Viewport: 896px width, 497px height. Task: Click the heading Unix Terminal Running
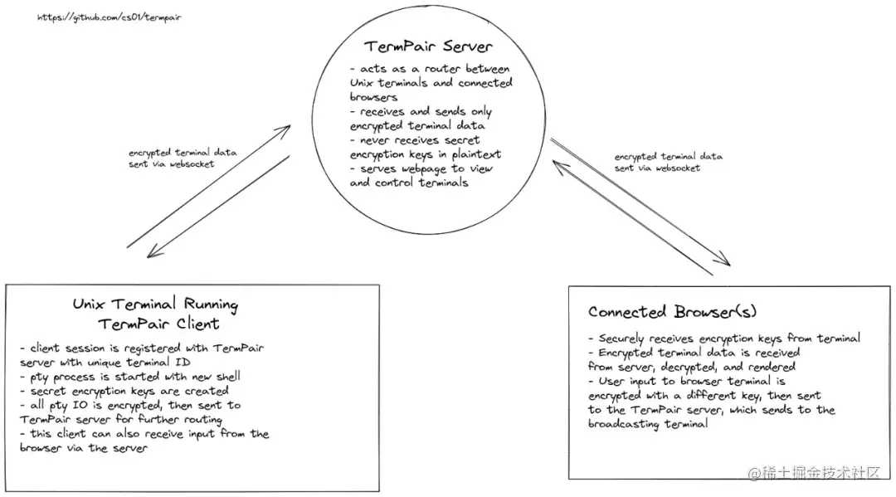pyautogui.click(x=155, y=305)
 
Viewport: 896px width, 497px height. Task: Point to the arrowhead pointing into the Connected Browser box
pyautogui.click(x=724, y=263)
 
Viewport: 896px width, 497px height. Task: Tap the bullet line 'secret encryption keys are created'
pyautogui.click(x=125, y=390)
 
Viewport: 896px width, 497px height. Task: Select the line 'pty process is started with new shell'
pyautogui.click(x=130, y=376)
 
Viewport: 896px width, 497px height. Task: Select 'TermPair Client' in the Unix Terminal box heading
pyautogui.click(x=158, y=324)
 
